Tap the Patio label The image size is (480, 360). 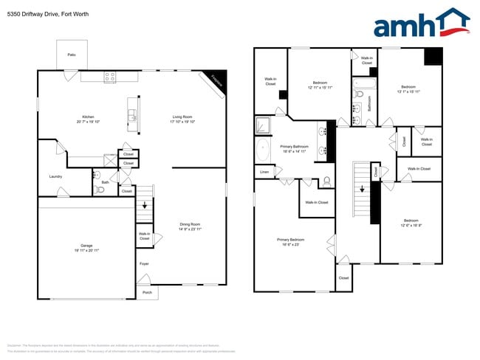tap(72, 55)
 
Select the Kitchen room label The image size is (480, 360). tap(88, 117)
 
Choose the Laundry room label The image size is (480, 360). tap(55, 176)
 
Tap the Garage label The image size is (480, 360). tap(86, 245)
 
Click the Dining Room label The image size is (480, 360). tap(191, 224)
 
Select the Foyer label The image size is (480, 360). tap(144, 263)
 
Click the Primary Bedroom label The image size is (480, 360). tap(290, 240)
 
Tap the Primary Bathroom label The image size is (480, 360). tap(294, 147)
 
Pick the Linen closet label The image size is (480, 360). tap(264, 172)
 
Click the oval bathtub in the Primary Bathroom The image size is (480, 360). tap(264, 152)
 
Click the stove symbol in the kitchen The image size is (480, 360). tap(109, 75)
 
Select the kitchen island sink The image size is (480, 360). tap(132, 114)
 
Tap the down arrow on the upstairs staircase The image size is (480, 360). tap(363, 188)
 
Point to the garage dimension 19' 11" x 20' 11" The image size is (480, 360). tap(86, 251)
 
